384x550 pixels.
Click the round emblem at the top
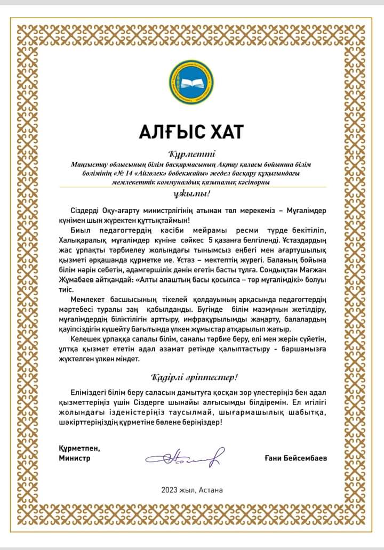191,83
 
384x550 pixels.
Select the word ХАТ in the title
222,131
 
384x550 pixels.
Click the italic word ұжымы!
191,193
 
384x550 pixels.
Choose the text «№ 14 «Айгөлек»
116,174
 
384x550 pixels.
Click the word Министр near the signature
75,457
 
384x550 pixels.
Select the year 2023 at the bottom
171,490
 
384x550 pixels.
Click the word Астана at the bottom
211,490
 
